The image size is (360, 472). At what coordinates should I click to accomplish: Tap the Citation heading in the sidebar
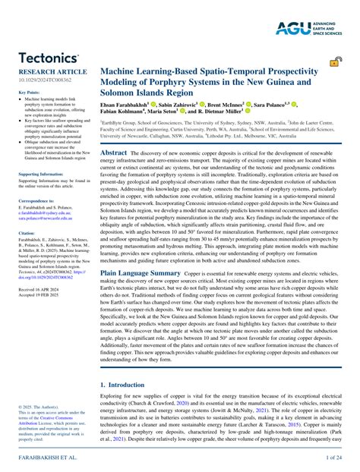click(27, 233)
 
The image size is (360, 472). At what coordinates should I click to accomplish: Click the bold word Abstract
click(114, 153)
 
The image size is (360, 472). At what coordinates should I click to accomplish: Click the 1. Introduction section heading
click(125, 385)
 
